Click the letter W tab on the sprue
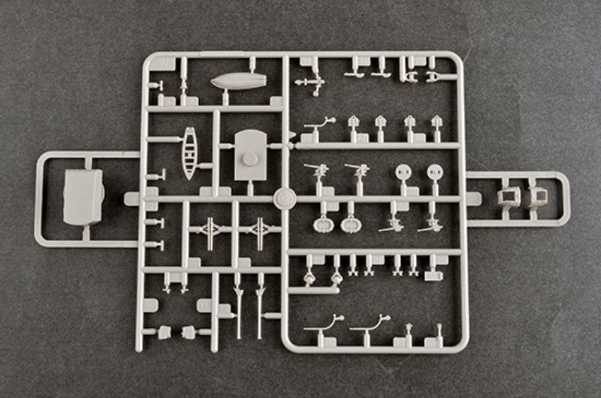[x=159, y=64]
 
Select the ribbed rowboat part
[x=189, y=152]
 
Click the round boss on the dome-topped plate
[x=250, y=158]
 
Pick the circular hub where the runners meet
[x=285, y=198]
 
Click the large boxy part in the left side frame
[x=83, y=196]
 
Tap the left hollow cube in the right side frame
[x=509, y=197]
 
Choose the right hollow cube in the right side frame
[x=536, y=197]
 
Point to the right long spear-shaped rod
[x=260, y=304]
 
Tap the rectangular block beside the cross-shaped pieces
[x=433, y=276]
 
